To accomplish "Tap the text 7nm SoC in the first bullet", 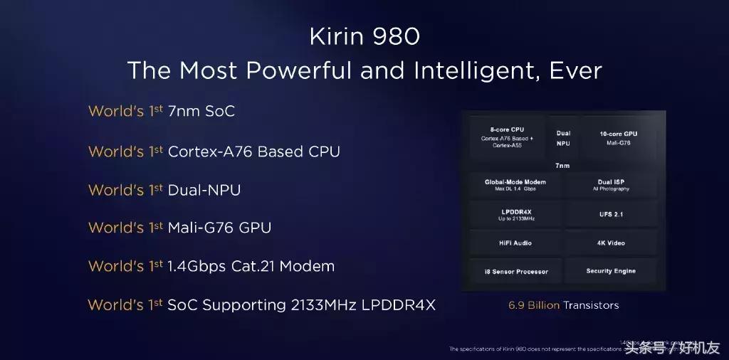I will click(201, 112).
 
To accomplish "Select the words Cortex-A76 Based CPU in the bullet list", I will click(253, 152).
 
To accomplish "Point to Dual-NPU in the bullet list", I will click(204, 190).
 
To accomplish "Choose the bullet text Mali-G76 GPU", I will click(219, 228).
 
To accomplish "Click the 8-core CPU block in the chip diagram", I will click(506, 137).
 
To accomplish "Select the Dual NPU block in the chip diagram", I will click(563, 137).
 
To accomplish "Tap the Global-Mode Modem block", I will click(510, 186).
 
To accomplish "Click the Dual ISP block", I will click(611, 186).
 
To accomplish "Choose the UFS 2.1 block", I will click(611, 214).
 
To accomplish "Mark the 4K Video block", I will click(611, 243).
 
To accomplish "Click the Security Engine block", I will click(611, 271).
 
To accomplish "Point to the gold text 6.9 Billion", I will click(533, 305).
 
